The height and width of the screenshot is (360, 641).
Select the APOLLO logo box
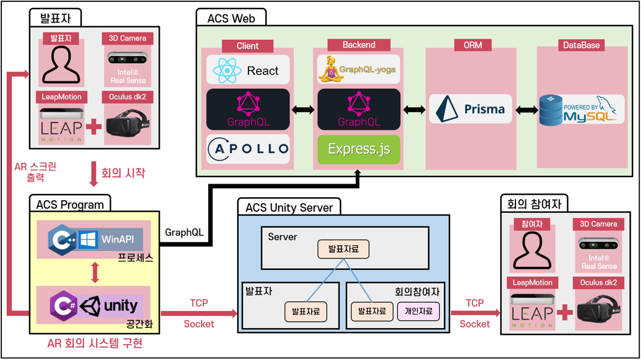click(x=247, y=149)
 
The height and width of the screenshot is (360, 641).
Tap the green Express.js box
click(x=358, y=149)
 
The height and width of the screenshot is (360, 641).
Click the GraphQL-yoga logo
click(x=358, y=70)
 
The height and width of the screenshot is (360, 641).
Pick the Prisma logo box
click(x=470, y=109)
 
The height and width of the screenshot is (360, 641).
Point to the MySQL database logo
click(x=581, y=109)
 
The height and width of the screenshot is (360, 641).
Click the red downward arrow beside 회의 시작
click(x=94, y=173)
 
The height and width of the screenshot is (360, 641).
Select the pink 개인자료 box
click(x=418, y=311)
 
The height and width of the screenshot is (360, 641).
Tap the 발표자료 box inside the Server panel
click(x=343, y=249)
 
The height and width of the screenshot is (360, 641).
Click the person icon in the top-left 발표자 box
click(x=61, y=65)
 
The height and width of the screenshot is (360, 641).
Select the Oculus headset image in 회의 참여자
click(x=599, y=311)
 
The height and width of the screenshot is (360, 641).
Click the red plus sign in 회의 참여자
click(x=564, y=312)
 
